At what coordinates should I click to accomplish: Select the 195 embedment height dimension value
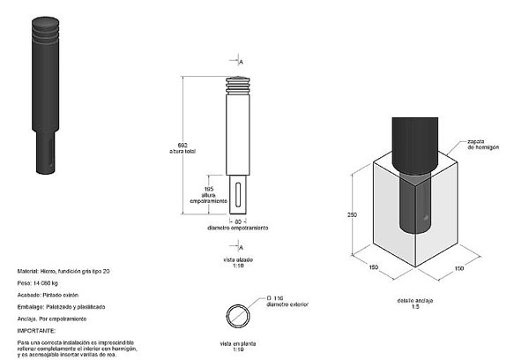(x=208, y=188)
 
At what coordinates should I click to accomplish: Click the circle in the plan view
(x=238, y=314)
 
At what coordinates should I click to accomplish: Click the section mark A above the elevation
(x=241, y=61)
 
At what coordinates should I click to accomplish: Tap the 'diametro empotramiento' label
(x=238, y=228)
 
